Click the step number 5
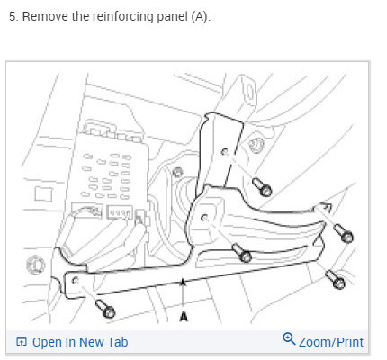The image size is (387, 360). pos(12,16)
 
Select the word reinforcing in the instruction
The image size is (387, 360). pos(123,17)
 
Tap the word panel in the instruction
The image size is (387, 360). pos(173,17)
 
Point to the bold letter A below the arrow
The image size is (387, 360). pos(184,317)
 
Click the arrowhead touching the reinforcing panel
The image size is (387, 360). pos(183,283)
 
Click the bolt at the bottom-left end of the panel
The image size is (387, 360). pos(105,309)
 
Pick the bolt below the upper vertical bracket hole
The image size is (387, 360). pos(262,187)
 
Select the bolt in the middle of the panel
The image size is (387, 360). pos(242,252)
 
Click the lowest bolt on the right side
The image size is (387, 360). pos(335,279)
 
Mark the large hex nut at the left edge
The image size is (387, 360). pos(36,265)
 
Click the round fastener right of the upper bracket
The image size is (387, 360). pos(256,146)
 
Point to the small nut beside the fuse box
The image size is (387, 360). pos(178,172)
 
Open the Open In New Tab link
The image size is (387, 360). pos(72,342)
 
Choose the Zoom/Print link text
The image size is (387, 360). pos(331,342)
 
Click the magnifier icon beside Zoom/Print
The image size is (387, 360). pos(289,338)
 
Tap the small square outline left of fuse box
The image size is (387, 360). pos(43,194)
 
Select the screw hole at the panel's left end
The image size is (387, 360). pos(76,280)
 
